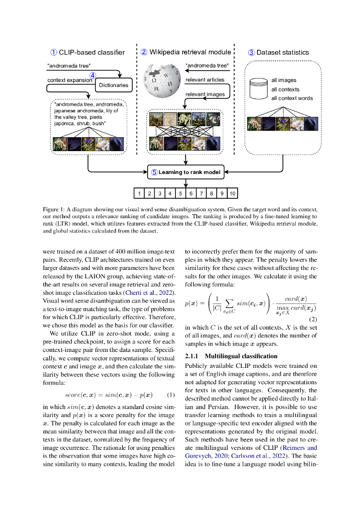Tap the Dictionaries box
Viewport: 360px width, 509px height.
[x=113, y=85]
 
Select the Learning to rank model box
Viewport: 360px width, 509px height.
[x=186, y=172]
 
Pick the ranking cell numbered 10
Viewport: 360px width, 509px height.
[x=232, y=193]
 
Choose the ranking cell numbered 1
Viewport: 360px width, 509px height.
[x=140, y=193]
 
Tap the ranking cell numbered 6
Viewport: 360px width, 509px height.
[x=191, y=193]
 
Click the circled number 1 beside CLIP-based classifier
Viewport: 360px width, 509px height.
[x=54, y=52]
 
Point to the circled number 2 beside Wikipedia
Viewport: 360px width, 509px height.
[x=144, y=52]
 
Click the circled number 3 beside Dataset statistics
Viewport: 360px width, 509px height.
[x=251, y=52]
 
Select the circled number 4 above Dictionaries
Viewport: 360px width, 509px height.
[x=92, y=76]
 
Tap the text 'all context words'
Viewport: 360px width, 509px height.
[x=292, y=98]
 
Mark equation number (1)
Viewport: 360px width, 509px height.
[x=171, y=381]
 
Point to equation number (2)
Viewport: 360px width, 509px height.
[x=313, y=318]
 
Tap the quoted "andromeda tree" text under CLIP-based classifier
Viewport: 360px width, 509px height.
[x=69, y=66]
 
